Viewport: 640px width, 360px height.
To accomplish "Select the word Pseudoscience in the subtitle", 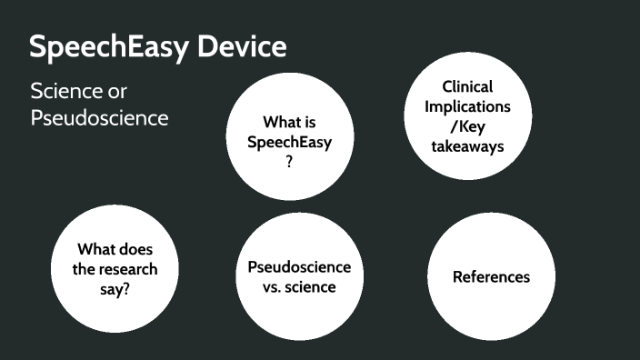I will pos(99,118).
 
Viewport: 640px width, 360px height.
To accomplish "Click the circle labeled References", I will pos(491,277).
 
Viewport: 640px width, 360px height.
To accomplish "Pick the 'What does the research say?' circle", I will pos(115,269).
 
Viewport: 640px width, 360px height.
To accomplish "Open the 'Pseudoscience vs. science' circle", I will pos(299,277).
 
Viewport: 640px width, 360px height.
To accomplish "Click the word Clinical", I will pos(467,87).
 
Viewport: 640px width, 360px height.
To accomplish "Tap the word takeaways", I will pos(467,145).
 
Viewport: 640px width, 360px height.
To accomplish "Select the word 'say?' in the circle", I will pos(115,290).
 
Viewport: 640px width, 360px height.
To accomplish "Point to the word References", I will pos(491,277).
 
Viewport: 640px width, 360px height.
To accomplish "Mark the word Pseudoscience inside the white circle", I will pos(299,267).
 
